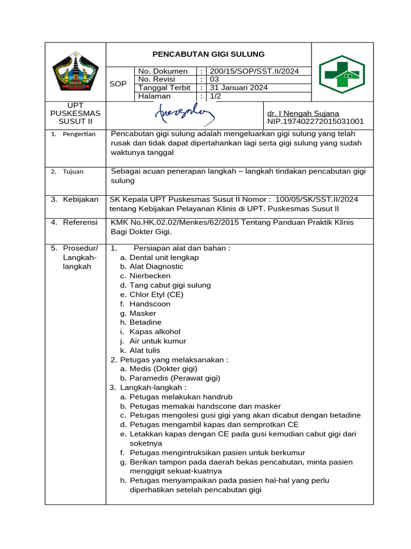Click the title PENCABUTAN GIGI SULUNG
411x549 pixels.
(x=208, y=54)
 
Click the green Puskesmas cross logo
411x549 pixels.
(x=342, y=74)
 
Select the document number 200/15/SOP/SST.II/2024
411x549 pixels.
(x=254, y=71)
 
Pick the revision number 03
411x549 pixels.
(x=215, y=79)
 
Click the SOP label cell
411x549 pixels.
(x=118, y=84)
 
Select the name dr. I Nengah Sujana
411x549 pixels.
(x=303, y=114)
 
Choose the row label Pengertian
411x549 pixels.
(x=79, y=134)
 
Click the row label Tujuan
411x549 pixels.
(x=73, y=172)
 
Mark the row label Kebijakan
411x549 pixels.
(x=80, y=199)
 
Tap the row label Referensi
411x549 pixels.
(x=80, y=222)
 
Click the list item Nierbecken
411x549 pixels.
(x=150, y=276)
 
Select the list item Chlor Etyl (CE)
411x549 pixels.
(x=156, y=295)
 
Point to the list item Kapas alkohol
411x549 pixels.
(x=155, y=332)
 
